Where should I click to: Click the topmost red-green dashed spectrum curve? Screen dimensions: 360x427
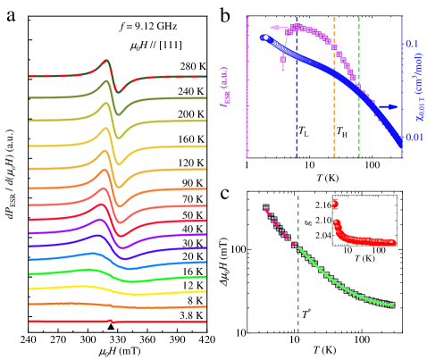point(54,77)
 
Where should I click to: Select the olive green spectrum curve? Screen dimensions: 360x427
point(54,98)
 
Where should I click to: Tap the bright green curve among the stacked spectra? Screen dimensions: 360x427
point(54,273)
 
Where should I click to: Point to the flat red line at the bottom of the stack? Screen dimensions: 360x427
point(54,321)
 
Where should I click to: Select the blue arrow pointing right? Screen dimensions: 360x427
point(389,107)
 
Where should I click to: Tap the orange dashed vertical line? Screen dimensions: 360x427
point(334,89)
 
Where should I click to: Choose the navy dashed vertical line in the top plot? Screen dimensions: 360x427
point(297,107)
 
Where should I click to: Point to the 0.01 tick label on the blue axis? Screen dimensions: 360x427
point(413,138)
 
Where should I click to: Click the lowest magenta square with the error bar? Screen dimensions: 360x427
point(283,60)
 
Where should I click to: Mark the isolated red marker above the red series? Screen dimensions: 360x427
point(335,203)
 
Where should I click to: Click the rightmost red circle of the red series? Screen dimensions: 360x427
point(392,242)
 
